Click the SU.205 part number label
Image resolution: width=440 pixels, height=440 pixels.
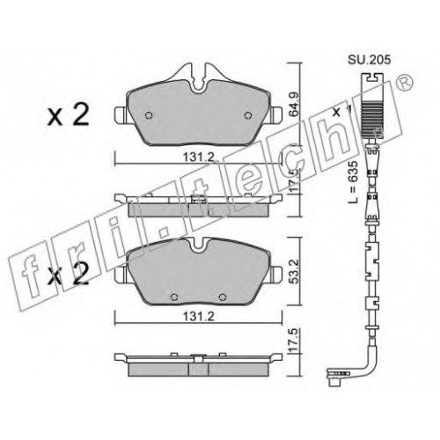coord(370,60)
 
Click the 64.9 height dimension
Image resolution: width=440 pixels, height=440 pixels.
coord(294,105)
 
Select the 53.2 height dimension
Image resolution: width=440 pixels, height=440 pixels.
coord(294,271)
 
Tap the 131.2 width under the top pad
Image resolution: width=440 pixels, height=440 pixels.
coord(199,158)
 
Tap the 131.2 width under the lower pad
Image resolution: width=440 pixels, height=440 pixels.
coord(199,317)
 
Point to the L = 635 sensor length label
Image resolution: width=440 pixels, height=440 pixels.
coord(354,182)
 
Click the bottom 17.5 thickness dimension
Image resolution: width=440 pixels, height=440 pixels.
coord(294,341)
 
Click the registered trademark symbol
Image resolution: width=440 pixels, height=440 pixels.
coord(406,82)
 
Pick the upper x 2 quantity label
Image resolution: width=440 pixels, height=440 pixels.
coord(69,115)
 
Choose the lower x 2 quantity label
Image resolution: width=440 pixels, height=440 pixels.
coord(69,274)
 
